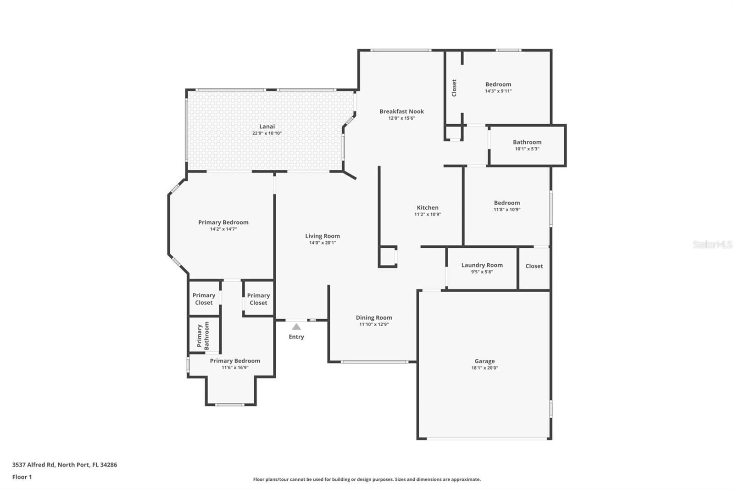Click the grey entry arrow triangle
pos(296,327)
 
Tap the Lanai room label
pos(267,127)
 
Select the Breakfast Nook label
pos(402,111)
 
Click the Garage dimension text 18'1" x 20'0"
pos(484,368)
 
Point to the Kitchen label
pos(428,207)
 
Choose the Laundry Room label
pos(482,265)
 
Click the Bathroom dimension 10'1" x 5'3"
pos(527,149)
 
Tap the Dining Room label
pos(374,317)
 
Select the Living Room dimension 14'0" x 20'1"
pos(323,243)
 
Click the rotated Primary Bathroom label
pos(203,336)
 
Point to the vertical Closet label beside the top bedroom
pos(454,88)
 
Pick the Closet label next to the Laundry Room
pos(534,266)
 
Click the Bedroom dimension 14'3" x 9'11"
pos(498,91)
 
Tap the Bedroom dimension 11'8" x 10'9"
pos(507,210)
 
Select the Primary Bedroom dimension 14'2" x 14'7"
pos(223,229)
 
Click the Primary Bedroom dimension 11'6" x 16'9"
pos(235,367)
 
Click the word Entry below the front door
pos(296,337)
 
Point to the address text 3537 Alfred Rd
pos(34,465)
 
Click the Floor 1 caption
pos(22,477)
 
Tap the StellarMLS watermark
pos(713,244)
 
